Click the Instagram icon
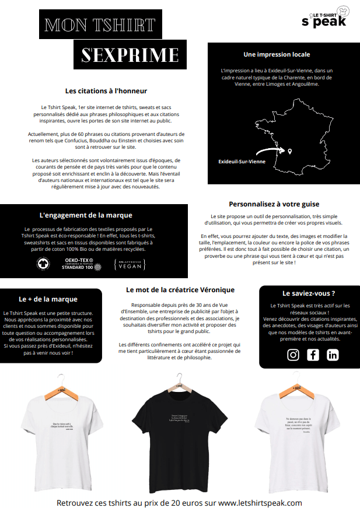(293, 355)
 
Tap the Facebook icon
(313, 355)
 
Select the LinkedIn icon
(333, 355)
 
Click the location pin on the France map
(289, 152)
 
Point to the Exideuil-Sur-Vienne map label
(242, 161)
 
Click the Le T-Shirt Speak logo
(323, 19)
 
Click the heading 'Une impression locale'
(277, 54)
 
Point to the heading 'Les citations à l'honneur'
(106, 91)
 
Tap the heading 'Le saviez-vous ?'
(309, 293)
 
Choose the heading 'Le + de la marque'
(48, 299)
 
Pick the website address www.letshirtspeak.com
(260, 502)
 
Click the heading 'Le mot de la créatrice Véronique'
(180, 289)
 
